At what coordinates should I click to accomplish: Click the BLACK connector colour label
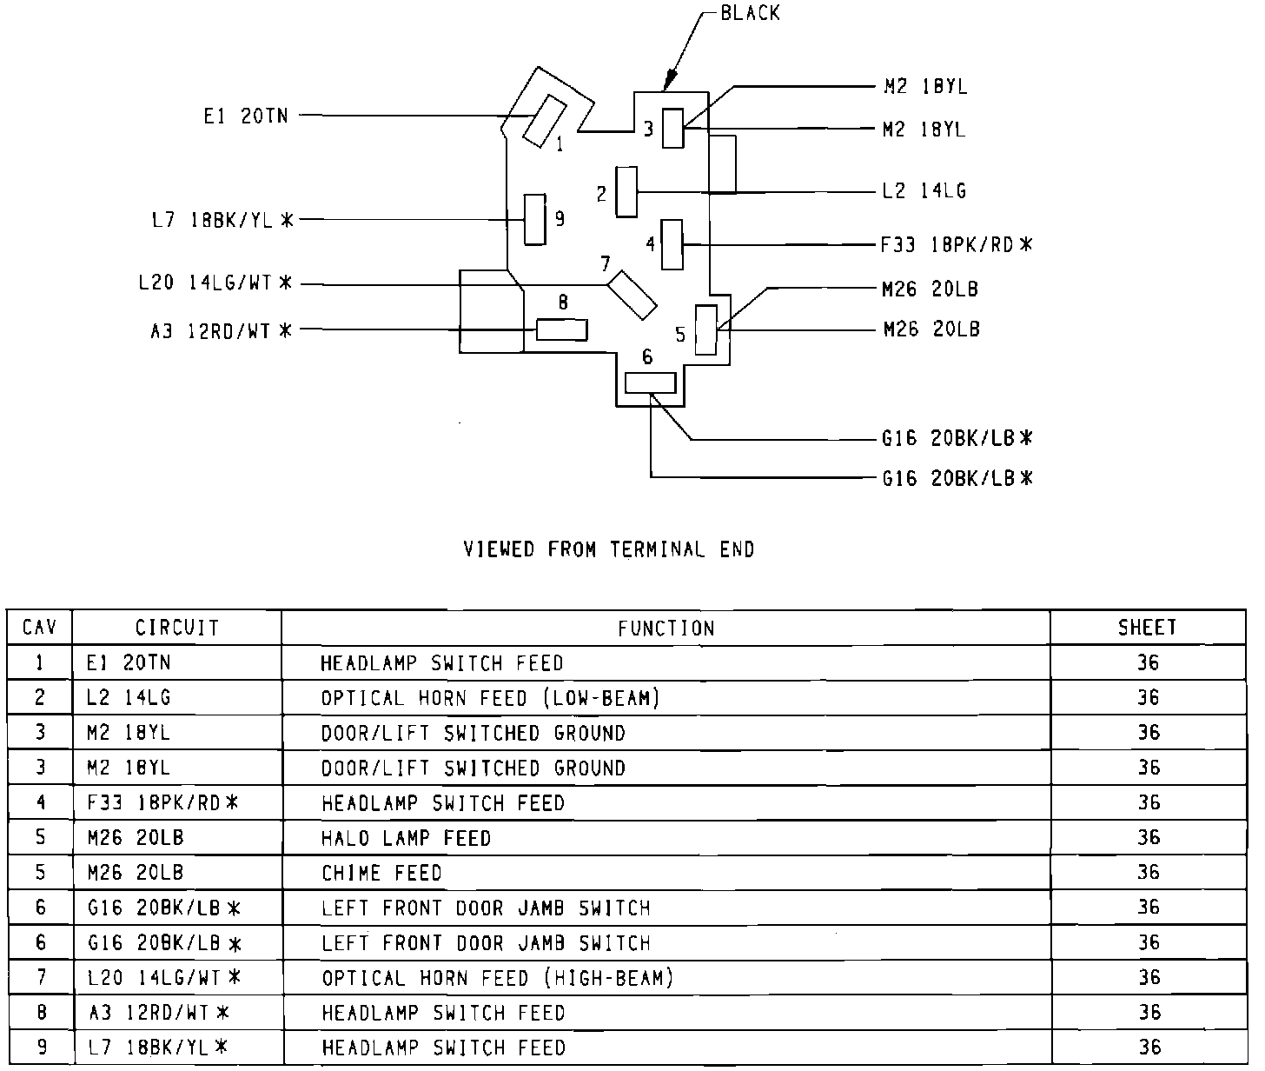[x=750, y=14]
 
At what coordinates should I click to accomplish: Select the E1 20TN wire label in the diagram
[x=245, y=116]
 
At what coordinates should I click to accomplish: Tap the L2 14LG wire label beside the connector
[x=923, y=191]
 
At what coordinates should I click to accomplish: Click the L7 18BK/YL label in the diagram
[x=222, y=220]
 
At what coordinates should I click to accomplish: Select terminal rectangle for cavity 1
[x=544, y=121]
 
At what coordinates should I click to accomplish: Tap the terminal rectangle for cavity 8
[x=561, y=329]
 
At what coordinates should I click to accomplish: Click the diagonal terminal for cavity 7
[x=632, y=295]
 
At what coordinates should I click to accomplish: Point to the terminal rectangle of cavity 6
[x=650, y=382]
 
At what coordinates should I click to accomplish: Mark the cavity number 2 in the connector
[x=601, y=194]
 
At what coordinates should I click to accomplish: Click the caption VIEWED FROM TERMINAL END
[x=609, y=549]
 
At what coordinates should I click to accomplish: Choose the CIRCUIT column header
[x=177, y=627]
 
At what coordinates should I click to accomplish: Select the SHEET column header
[x=1147, y=627]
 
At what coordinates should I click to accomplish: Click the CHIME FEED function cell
[x=381, y=873]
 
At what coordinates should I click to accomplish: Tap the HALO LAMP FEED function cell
[x=406, y=838]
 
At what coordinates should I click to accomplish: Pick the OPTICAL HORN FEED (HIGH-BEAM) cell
[x=498, y=978]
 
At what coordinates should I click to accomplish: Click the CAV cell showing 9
[x=40, y=1048]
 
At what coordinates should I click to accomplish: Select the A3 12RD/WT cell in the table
[x=159, y=1013]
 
